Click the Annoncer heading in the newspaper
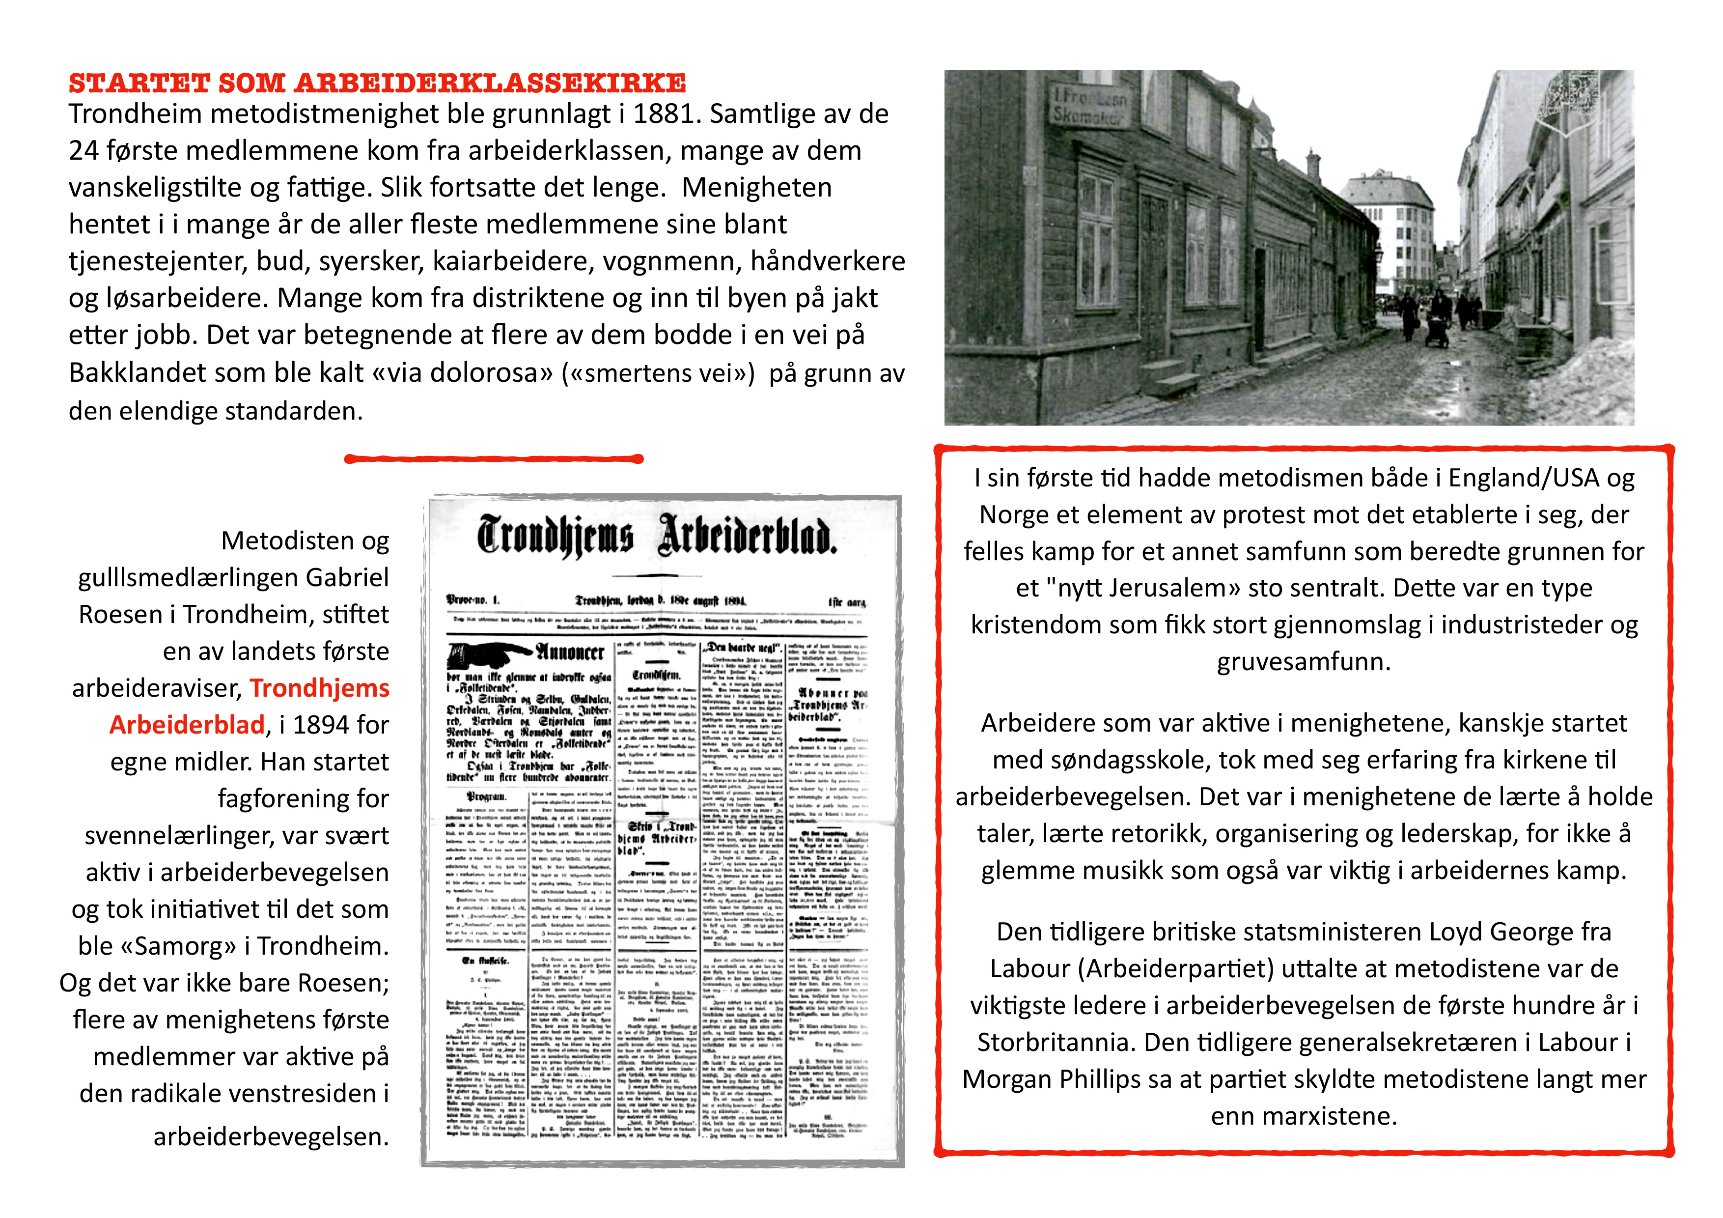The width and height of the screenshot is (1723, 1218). tap(570, 651)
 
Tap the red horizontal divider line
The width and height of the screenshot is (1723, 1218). tap(494, 458)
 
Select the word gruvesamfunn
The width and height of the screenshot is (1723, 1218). tap(1304, 661)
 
